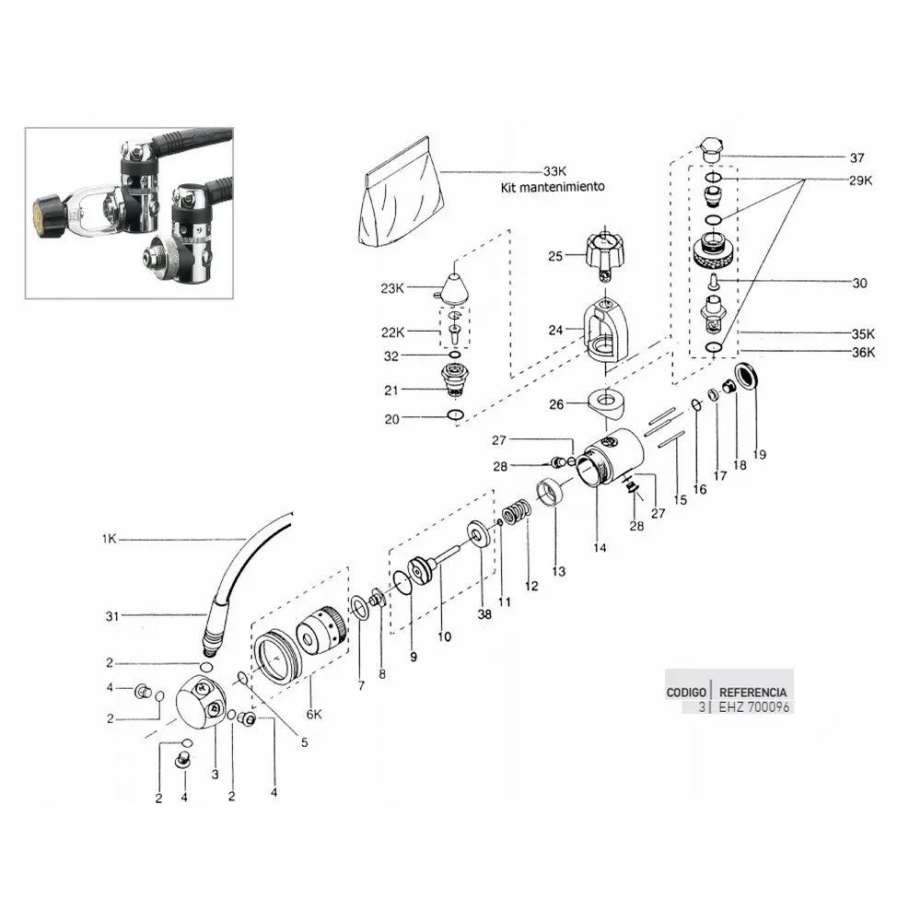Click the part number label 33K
(555, 171)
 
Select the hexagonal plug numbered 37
(710, 151)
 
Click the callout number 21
(391, 391)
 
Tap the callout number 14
(600, 547)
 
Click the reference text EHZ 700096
(752, 706)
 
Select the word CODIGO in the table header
(687, 691)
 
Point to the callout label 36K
(862, 352)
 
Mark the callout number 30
(859, 284)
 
